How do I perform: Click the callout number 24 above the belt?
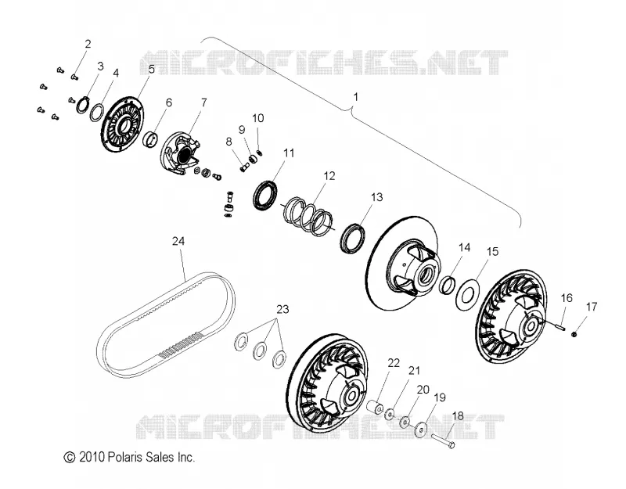178,241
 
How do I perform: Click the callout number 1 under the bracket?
356,97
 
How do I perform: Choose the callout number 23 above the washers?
282,309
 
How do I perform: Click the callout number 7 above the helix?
203,102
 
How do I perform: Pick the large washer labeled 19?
420,429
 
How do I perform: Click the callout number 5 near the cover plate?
151,69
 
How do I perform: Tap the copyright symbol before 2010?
70,458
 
